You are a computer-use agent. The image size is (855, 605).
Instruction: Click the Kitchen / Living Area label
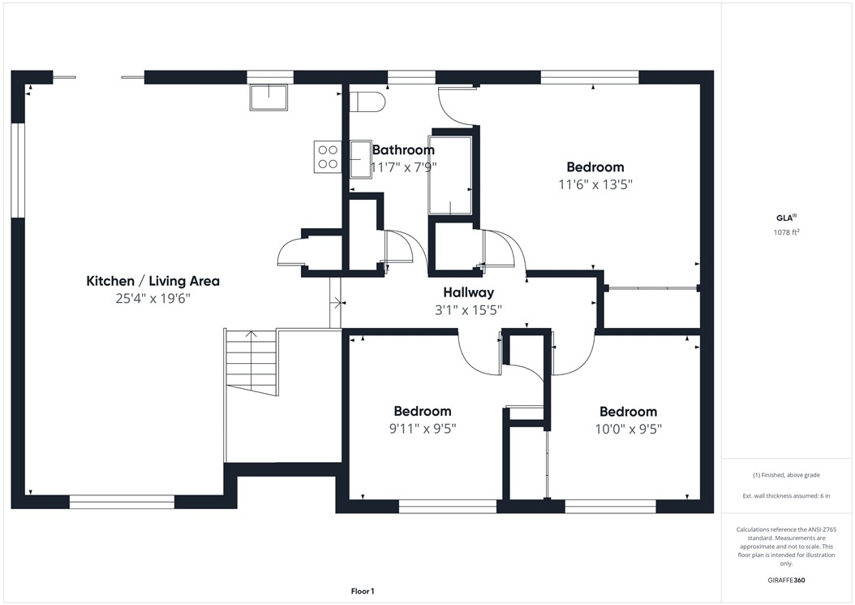(153, 281)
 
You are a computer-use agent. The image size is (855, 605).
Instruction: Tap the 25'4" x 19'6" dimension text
(153, 298)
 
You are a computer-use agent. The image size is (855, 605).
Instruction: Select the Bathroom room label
(403, 149)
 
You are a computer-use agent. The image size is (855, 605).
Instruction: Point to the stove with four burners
(327, 156)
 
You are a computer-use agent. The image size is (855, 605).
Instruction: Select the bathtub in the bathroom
(450, 175)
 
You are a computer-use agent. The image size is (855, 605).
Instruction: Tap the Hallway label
(468, 292)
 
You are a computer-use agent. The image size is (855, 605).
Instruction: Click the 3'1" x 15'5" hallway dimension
(468, 309)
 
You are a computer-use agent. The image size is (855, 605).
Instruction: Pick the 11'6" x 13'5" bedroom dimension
(595, 184)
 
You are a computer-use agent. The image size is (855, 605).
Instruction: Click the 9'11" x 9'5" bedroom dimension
(422, 429)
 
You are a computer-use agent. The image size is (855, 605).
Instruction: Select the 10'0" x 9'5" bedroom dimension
(628, 429)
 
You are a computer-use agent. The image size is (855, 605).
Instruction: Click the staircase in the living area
(251, 362)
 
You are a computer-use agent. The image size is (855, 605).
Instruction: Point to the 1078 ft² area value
(787, 232)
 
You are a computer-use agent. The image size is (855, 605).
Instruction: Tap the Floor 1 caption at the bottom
(362, 591)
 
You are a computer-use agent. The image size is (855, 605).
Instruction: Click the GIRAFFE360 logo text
(786, 581)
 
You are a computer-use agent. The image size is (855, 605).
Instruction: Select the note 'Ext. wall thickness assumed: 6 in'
(786, 495)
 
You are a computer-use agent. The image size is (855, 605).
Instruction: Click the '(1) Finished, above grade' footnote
(786, 475)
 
